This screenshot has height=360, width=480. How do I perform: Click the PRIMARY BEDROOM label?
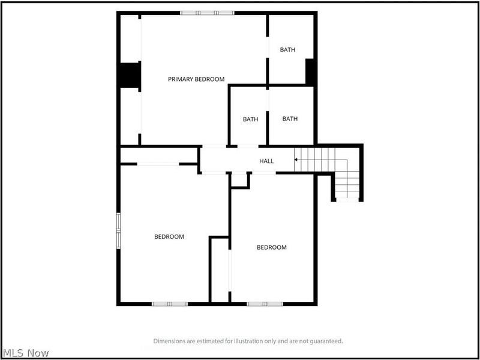(x=196, y=79)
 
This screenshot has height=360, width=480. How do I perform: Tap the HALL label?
(x=266, y=161)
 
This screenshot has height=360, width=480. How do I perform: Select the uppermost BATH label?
(x=287, y=50)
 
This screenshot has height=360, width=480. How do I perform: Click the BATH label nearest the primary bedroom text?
(x=250, y=119)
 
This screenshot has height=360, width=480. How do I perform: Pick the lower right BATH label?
(x=290, y=118)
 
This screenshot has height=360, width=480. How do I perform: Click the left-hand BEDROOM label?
(x=169, y=236)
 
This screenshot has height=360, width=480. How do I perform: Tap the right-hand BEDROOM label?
(x=272, y=247)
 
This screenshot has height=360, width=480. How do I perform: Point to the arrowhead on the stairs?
(x=296, y=160)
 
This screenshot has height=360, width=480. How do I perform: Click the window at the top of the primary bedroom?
(x=207, y=13)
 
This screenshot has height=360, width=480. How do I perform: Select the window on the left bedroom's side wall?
(x=118, y=231)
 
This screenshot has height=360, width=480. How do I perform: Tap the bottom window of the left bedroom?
(x=170, y=304)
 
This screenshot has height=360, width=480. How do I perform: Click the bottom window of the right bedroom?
(x=265, y=304)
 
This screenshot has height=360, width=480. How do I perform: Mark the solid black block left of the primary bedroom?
(x=130, y=76)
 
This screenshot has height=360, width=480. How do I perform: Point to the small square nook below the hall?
(x=239, y=179)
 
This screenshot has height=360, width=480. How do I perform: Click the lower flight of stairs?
(x=347, y=185)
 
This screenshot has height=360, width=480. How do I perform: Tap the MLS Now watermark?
(x=25, y=353)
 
